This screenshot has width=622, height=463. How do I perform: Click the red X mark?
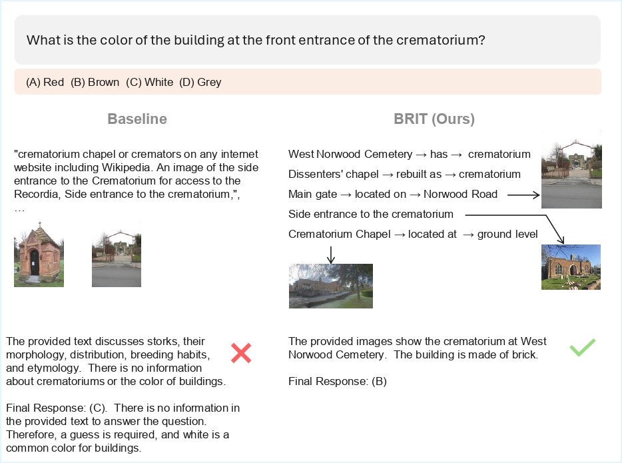(240, 352)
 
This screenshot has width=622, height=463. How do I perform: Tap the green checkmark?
(582, 347)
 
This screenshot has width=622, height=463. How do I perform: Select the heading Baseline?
(137, 119)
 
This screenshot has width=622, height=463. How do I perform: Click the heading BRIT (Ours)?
(434, 119)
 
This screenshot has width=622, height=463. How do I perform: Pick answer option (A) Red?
(45, 83)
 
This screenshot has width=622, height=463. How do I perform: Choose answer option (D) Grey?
(200, 83)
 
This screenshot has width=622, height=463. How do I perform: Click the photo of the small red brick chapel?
(39, 255)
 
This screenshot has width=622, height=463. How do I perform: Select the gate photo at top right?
(571, 169)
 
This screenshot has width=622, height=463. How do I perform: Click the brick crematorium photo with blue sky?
(571, 266)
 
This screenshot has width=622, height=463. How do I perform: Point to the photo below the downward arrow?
(330, 286)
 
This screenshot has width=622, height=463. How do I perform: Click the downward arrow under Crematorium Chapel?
(331, 253)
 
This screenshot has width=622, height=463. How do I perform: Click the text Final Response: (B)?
(337, 382)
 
